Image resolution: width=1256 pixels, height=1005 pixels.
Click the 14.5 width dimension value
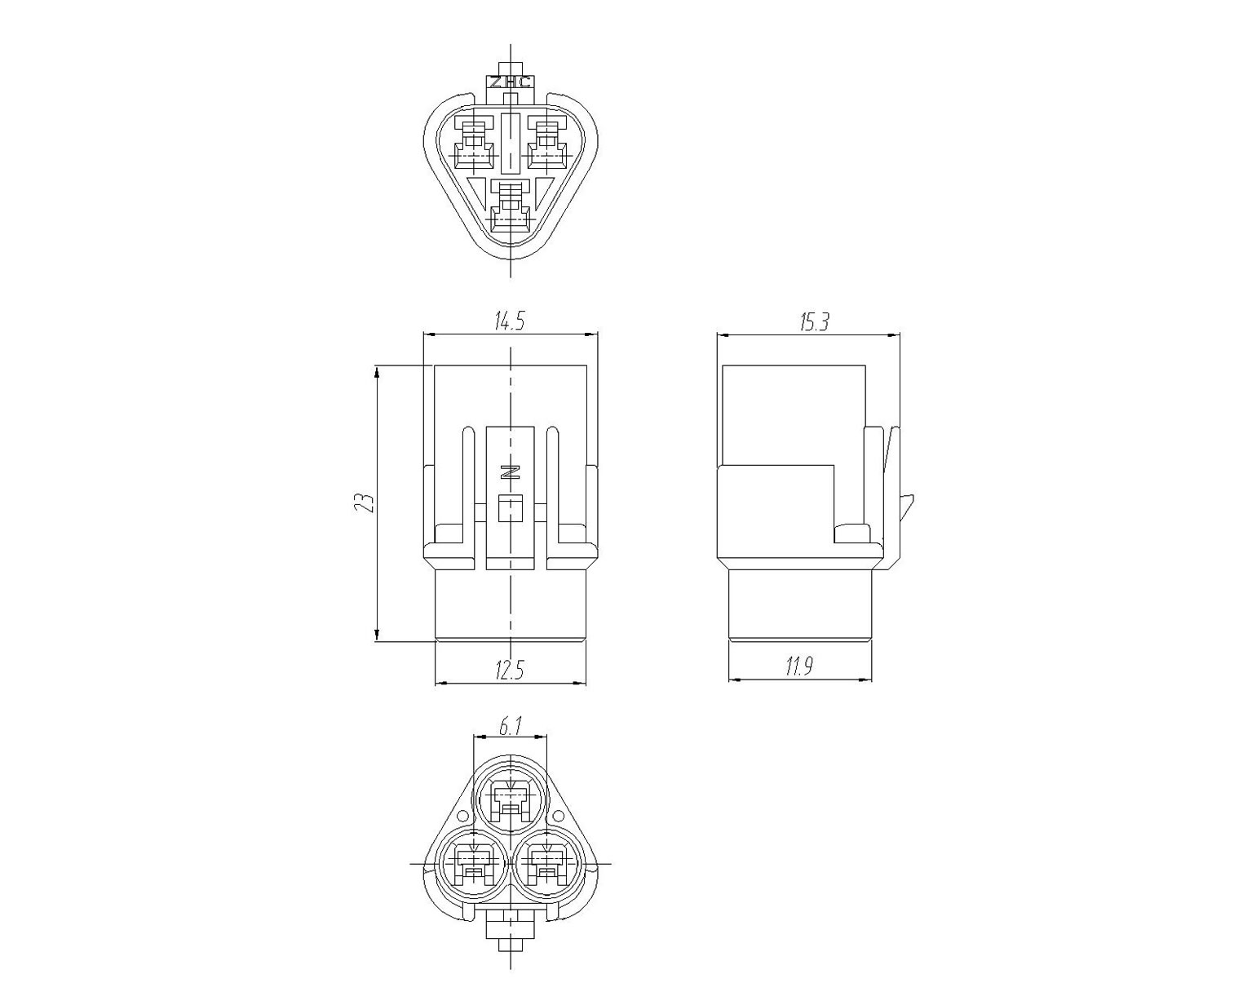[510, 321]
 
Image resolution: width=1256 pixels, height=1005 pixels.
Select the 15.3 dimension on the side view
[814, 321]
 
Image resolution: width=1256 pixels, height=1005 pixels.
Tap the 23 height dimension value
[363, 502]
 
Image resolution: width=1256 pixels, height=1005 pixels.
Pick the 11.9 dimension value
[799, 666]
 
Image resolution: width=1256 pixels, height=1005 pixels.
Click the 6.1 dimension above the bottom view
[510, 727]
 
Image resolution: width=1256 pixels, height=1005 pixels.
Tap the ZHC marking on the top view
[511, 82]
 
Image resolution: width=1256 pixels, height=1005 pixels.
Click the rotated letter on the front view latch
[510, 472]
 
